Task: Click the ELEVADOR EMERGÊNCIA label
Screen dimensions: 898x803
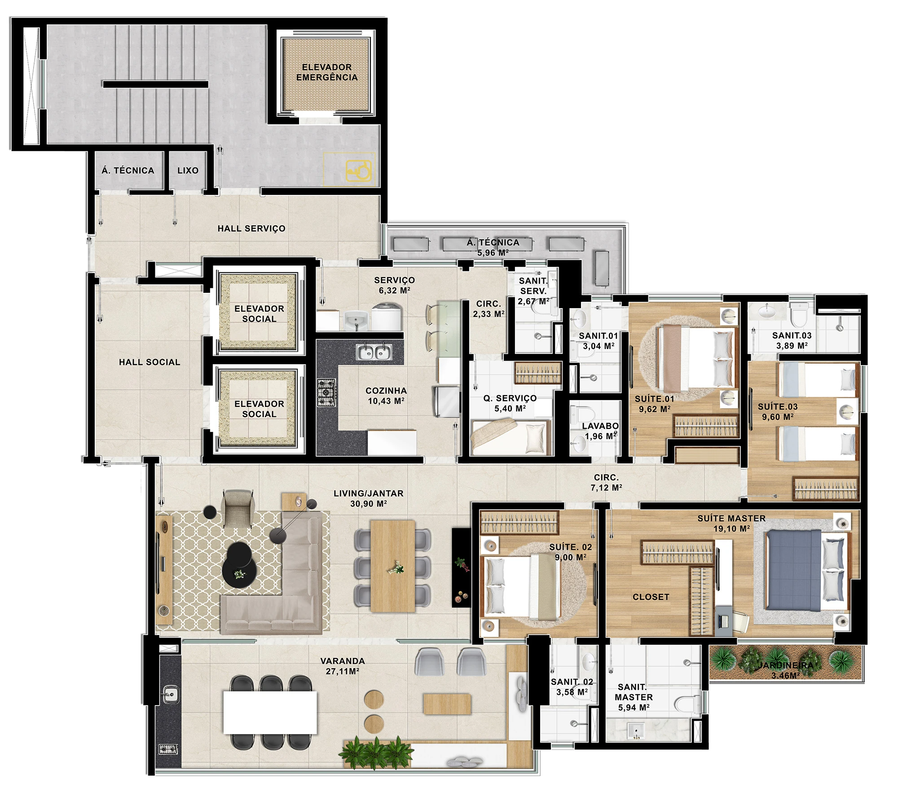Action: [327, 72]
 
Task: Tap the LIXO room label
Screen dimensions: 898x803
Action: [188, 171]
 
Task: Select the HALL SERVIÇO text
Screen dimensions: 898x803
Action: [251, 229]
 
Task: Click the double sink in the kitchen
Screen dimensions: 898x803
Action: [374, 352]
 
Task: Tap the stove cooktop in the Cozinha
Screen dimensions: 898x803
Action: [326, 393]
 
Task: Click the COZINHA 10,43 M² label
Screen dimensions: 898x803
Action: [386, 396]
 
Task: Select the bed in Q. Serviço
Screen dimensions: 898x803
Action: [511, 437]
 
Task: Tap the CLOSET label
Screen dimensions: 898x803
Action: [651, 597]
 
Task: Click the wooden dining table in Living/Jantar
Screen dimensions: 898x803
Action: [392, 566]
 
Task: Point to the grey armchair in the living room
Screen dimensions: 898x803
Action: [238, 508]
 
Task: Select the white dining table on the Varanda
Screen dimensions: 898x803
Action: [270, 712]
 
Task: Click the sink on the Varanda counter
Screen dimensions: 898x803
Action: [170, 694]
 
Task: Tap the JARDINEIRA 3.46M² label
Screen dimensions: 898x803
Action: [786, 670]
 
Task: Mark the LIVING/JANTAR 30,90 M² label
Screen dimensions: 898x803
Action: [369, 499]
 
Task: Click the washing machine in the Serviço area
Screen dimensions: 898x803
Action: [387, 317]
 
